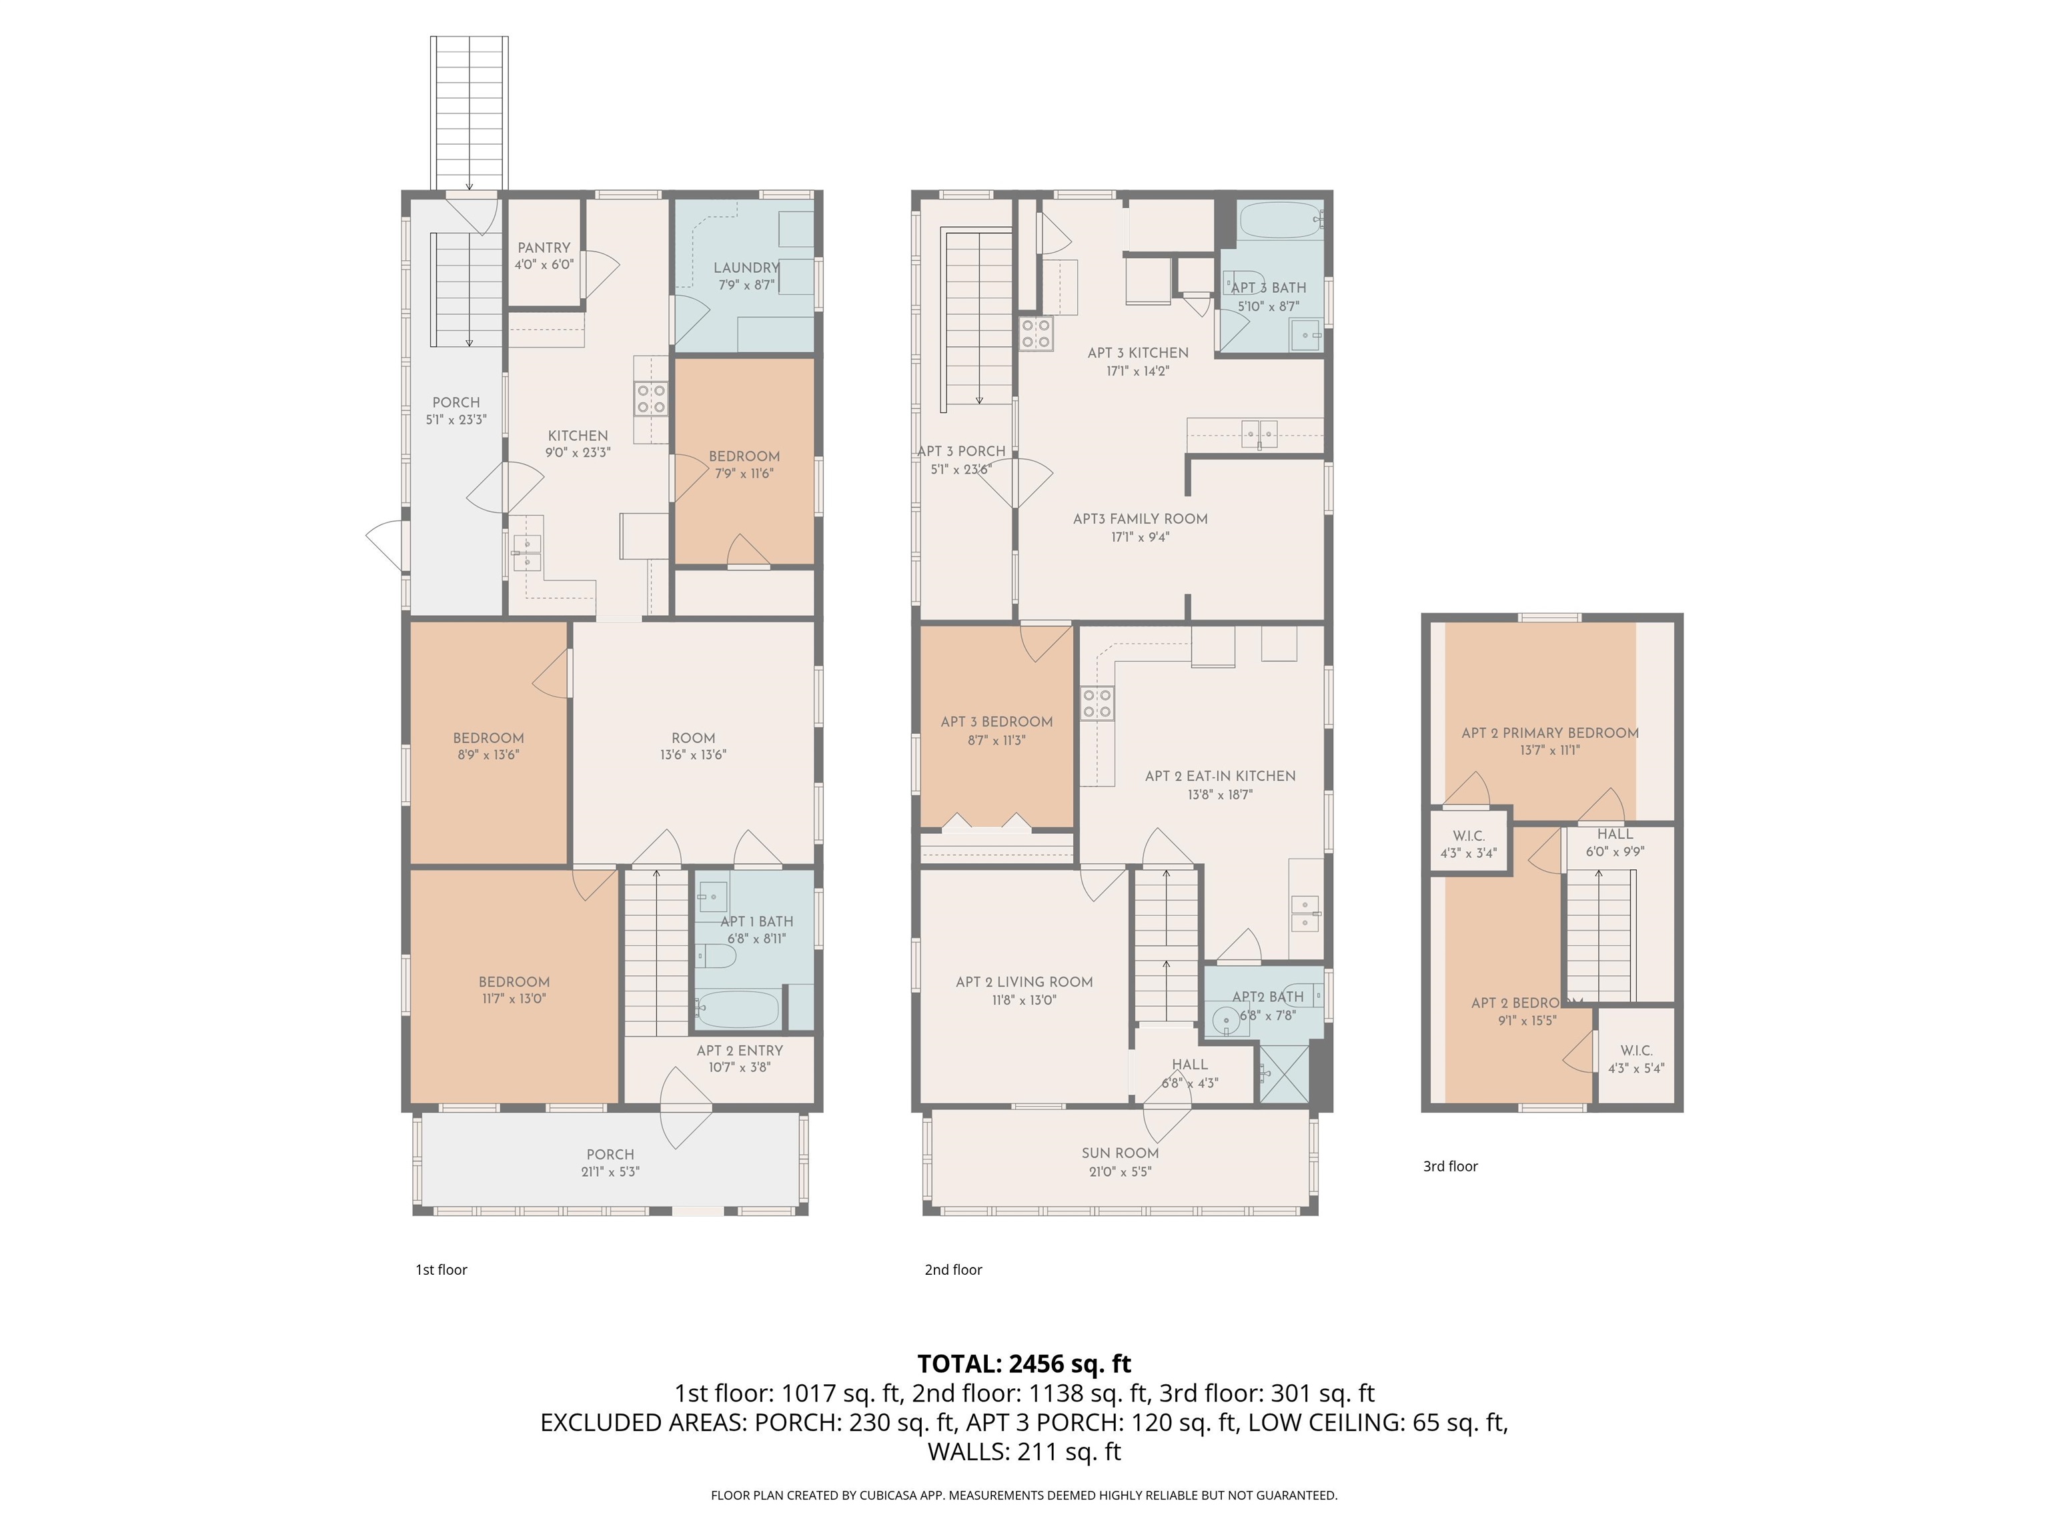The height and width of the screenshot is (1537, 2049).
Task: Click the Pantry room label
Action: coord(544,248)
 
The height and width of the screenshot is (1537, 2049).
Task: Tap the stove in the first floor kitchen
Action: coord(650,398)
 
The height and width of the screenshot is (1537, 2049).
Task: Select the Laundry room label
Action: coord(746,268)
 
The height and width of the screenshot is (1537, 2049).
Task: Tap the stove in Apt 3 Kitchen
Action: coord(1036,334)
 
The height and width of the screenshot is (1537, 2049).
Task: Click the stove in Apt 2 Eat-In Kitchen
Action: coord(1097,703)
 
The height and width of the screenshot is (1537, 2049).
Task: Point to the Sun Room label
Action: coord(1120,1153)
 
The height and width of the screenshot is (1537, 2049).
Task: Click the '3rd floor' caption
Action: coord(1449,1166)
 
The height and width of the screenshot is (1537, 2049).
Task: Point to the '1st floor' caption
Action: coord(441,1270)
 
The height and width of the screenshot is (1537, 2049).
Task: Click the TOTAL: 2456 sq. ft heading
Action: coord(1024,1364)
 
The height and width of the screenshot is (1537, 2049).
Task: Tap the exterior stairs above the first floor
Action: coord(470,111)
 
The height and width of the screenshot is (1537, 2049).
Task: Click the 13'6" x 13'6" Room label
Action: coord(693,738)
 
